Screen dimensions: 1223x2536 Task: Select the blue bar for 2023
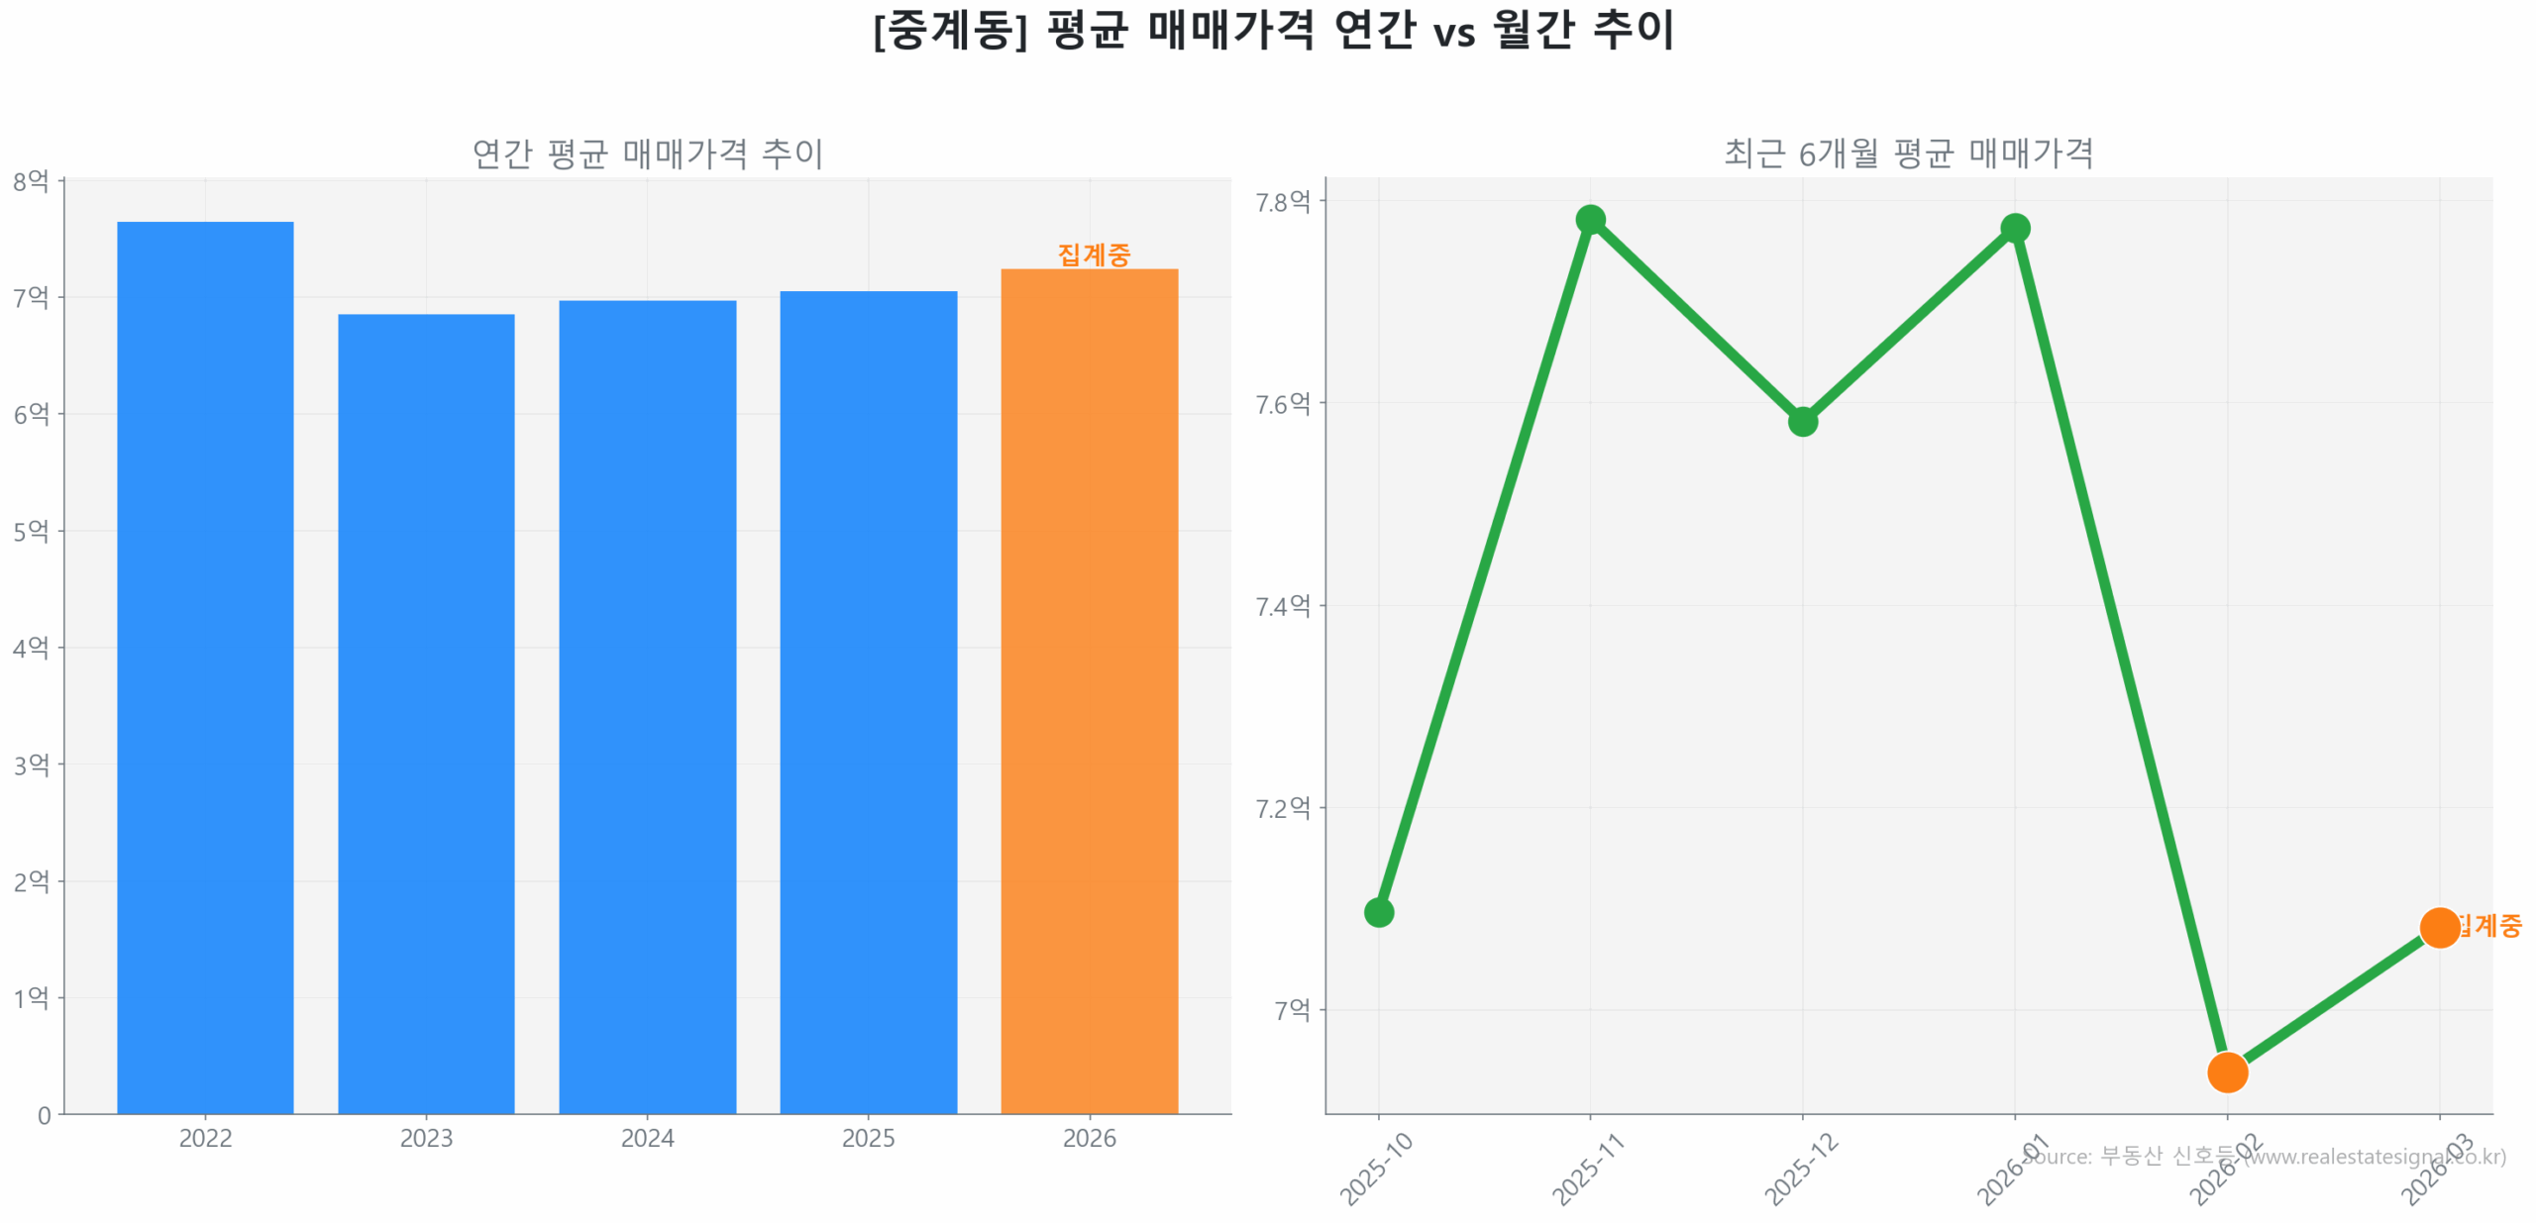point(426,713)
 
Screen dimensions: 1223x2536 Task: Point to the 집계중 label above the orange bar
point(1094,255)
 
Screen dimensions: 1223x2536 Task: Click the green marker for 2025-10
point(1378,912)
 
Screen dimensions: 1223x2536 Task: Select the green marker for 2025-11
point(1590,219)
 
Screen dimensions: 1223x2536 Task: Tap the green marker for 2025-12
point(1802,422)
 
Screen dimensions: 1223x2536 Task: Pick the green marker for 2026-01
point(2014,229)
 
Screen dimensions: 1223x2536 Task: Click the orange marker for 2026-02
point(2227,1071)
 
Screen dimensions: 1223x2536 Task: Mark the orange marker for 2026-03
point(2438,928)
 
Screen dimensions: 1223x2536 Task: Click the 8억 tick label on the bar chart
point(31,181)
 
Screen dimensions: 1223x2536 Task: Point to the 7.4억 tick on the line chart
point(1283,606)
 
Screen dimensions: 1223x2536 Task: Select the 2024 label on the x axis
point(647,1138)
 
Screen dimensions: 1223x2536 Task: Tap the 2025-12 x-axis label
point(1800,1170)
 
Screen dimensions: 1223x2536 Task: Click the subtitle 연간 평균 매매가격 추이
point(647,153)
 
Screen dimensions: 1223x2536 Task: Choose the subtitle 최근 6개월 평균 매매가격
point(1908,153)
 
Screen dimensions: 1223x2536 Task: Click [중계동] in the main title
point(949,31)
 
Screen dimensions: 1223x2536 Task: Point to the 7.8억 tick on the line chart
point(1283,202)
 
